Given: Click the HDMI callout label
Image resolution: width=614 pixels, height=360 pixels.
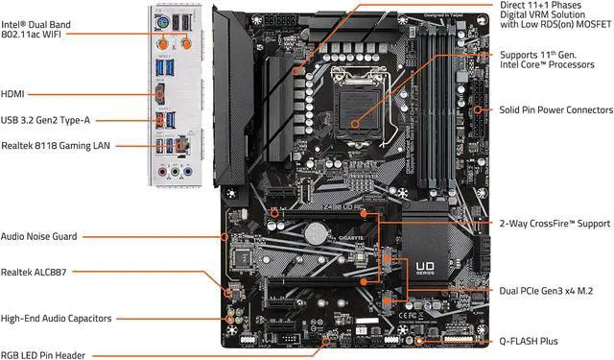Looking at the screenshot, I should point(15,94).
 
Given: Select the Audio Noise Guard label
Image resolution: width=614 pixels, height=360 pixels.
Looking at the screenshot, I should point(39,235).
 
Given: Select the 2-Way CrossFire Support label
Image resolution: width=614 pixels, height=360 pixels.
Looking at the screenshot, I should point(555,223).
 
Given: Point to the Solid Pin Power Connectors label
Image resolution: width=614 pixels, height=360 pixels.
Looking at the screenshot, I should point(556,109).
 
